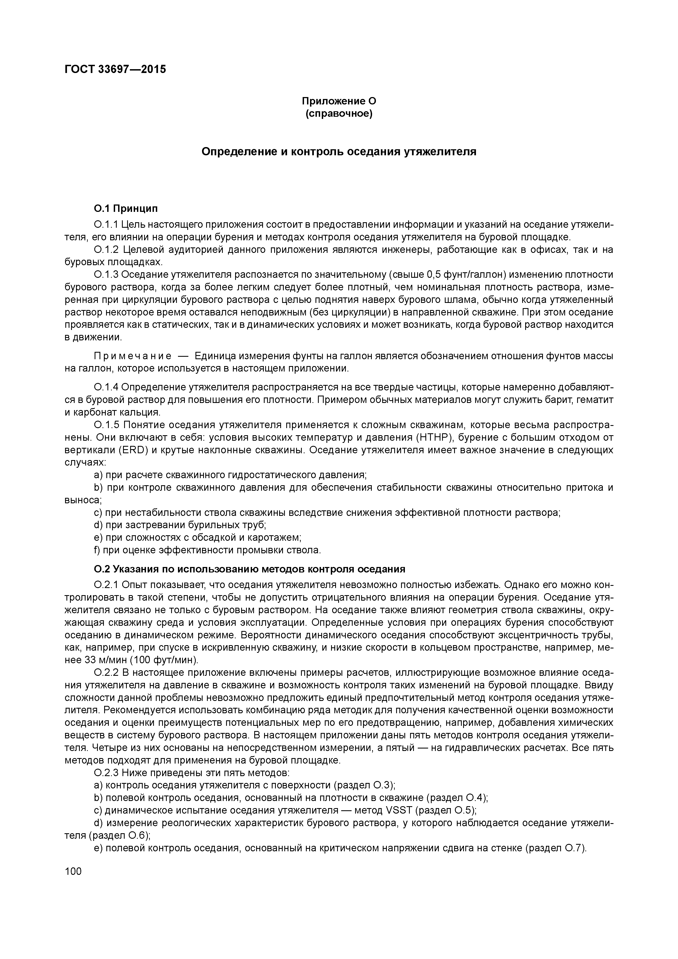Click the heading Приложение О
pyautogui.click(x=339, y=101)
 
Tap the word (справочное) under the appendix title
pyautogui.click(x=339, y=114)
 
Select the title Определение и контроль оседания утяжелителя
pyautogui.click(x=339, y=152)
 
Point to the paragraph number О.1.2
pyautogui.click(x=107, y=250)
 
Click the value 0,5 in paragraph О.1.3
pyautogui.click(x=434, y=275)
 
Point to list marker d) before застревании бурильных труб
pyautogui.click(x=99, y=525)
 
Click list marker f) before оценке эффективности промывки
pyautogui.click(x=97, y=550)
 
